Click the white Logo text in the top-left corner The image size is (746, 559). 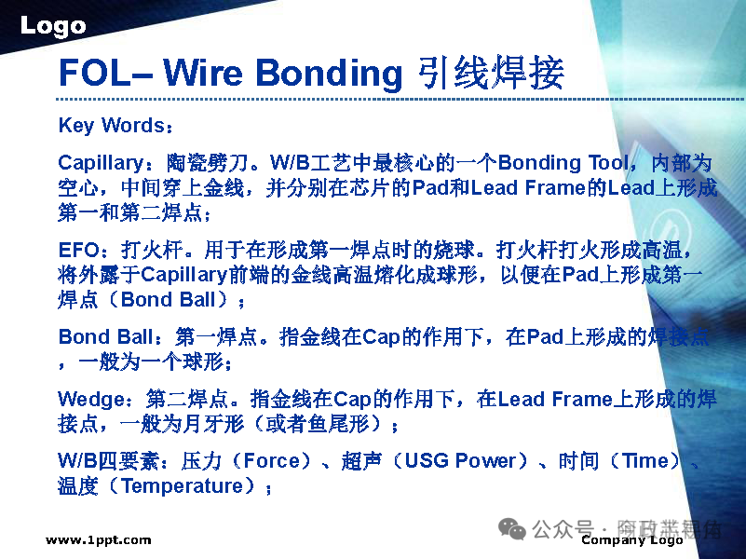(x=53, y=26)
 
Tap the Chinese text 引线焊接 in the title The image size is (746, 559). (x=490, y=73)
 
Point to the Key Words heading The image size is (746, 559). (x=111, y=125)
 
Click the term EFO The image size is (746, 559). (x=78, y=250)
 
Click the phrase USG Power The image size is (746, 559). (x=460, y=461)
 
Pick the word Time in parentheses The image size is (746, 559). (x=644, y=461)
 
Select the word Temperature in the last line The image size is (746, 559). (x=187, y=486)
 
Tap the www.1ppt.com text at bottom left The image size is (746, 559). (x=98, y=540)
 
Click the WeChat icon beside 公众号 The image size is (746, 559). (x=512, y=528)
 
